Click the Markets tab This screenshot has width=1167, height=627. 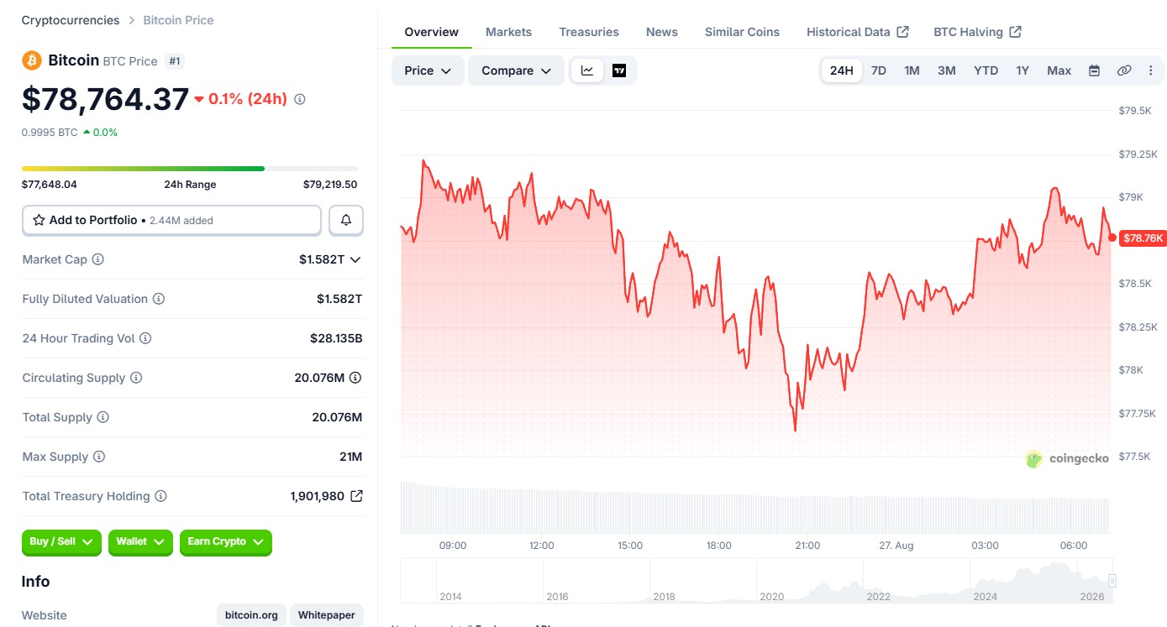(508, 32)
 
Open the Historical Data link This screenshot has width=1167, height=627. (858, 32)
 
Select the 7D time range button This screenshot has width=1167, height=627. (878, 71)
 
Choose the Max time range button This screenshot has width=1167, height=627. (1059, 71)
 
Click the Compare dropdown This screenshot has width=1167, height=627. (516, 71)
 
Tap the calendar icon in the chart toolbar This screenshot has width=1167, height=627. (1094, 71)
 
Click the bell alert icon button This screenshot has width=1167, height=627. (346, 220)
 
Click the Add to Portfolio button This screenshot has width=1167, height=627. (171, 220)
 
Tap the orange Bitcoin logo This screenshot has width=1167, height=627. (32, 60)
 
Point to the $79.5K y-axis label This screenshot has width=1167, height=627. (1135, 110)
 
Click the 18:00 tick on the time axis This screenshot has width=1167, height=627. (718, 546)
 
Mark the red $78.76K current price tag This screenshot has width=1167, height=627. (1143, 238)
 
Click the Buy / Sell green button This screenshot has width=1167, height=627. (61, 542)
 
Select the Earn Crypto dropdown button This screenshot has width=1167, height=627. (225, 542)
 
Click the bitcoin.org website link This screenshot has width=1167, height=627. (251, 615)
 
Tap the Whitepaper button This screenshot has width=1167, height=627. (326, 615)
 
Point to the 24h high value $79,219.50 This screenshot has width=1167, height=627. (330, 184)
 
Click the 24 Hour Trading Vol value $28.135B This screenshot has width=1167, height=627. (336, 338)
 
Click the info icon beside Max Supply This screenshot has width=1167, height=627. (99, 457)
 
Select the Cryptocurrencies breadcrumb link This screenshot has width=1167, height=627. (71, 20)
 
